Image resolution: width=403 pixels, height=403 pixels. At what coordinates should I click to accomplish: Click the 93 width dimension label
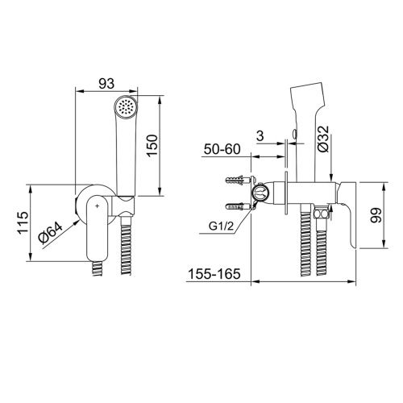point(106,84)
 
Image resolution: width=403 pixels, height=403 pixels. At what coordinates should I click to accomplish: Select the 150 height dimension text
point(152,145)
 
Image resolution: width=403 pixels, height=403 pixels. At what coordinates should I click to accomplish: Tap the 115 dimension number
point(23,222)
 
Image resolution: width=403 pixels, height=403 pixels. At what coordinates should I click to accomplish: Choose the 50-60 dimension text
point(222,149)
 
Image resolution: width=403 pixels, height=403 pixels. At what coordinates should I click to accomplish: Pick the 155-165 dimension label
point(214,274)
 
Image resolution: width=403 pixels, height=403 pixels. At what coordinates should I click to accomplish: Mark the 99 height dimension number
point(376,215)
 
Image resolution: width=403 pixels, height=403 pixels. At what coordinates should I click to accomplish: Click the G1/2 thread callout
point(221,226)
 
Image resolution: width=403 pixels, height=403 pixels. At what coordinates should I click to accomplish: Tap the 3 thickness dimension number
point(260,136)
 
